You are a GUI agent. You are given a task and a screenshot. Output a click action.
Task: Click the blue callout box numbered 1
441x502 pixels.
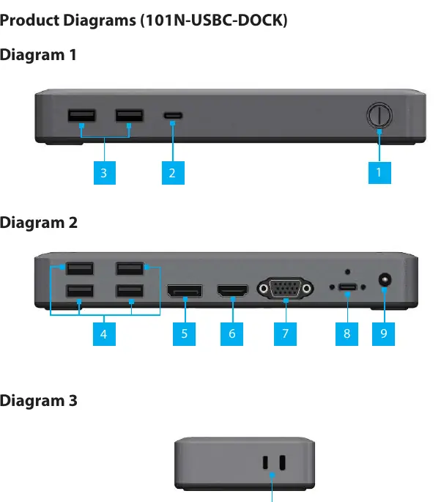[x=379, y=172]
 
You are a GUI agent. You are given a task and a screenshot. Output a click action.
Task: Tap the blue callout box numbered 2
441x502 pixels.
[x=173, y=173]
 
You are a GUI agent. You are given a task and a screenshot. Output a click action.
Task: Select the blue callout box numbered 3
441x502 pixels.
[x=105, y=173]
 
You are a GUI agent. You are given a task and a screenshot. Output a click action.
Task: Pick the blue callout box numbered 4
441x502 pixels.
[x=104, y=334]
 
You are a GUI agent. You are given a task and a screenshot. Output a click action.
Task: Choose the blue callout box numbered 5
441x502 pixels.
[x=185, y=334]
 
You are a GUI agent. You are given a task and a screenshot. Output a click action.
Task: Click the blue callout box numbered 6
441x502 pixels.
[x=231, y=334]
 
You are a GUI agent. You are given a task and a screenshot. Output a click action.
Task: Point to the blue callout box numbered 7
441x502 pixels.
[x=285, y=334]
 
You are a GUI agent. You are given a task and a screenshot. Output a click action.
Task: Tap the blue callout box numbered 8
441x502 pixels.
[x=347, y=334]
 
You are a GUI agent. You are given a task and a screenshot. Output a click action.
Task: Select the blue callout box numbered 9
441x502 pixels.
[x=383, y=334]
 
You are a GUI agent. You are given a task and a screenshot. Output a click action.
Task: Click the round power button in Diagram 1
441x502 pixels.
[x=379, y=115]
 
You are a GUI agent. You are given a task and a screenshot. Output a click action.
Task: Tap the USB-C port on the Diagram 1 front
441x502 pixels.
[x=173, y=115]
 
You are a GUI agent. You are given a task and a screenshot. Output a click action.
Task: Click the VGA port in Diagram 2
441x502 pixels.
[x=285, y=289]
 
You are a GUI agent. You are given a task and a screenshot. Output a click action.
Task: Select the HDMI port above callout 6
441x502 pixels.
[x=233, y=291]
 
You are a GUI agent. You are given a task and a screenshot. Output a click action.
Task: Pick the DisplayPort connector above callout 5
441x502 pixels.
[x=185, y=291]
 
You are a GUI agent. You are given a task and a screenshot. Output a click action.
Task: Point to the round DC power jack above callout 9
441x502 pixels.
[x=385, y=280]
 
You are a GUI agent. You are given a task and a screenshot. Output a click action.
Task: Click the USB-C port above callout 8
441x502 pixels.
[x=347, y=287]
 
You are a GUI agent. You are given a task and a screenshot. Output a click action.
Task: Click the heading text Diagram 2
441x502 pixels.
[x=39, y=223]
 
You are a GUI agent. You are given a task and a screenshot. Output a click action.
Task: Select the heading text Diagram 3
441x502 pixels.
[x=39, y=401]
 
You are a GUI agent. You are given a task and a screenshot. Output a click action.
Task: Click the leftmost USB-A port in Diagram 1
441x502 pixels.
[x=81, y=116]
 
